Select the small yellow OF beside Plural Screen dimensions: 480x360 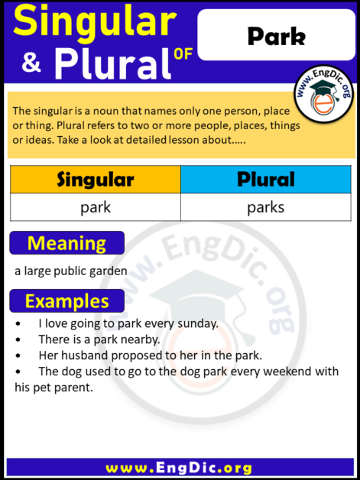[181, 73]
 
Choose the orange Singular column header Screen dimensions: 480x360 [95, 180]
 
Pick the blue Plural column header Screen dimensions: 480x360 [266, 180]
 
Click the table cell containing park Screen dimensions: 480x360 [95, 207]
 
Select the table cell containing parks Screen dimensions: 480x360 [266, 207]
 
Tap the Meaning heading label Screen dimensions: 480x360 [66, 243]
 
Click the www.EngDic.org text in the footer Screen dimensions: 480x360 [180, 467]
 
